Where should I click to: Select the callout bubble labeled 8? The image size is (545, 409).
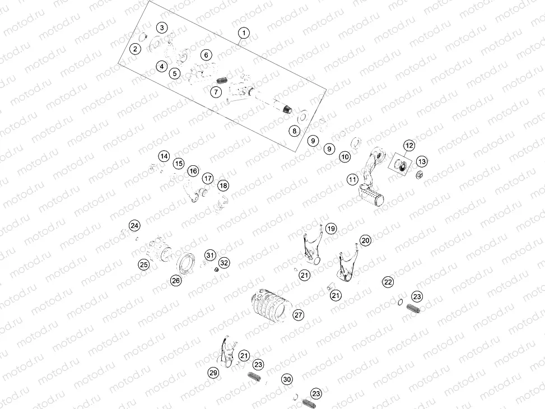pyautogui.click(x=294, y=131)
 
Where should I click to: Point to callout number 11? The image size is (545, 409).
pyautogui.click(x=352, y=180)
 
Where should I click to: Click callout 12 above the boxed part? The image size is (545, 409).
pyautogui.click(x=409, y=146)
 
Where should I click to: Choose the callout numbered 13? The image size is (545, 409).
pyautogui.click(x=421, y=161)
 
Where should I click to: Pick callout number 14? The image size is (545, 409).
pyautogui.click(x=163, y=156)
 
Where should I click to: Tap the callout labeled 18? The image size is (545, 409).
pyautogui.click(x=223, y=185)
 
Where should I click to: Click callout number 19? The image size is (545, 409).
pyautogui.click(x=330, y=228)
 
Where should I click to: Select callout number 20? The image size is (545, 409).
pyautogui.click(x=365, y=240)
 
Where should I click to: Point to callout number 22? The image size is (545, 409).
pyautogui.click(x=388, y=282)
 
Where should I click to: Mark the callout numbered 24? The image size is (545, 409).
pyautogui.click(x=134, y=225)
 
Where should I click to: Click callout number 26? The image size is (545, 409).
pyautogui.click(x=176, y=281)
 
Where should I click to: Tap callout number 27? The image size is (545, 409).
pyautogui.click(x=298, y=315)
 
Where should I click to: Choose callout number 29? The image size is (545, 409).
pyautogui.click(x=213, y=373)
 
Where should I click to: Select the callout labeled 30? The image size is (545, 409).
pyautogui.click(x=287, y=379)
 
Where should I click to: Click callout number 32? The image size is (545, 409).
pyautogui.click(x=223, y=263)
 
